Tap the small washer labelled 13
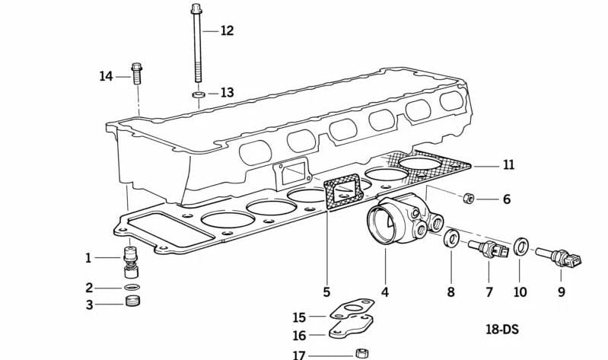click(197, 94)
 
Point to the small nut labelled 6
click(470, 199)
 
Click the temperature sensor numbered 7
click(485, 249)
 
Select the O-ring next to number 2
click(132, 288)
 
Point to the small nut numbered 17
click(363, 354)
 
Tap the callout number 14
click(106, 76)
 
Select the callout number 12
click(227, 31)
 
